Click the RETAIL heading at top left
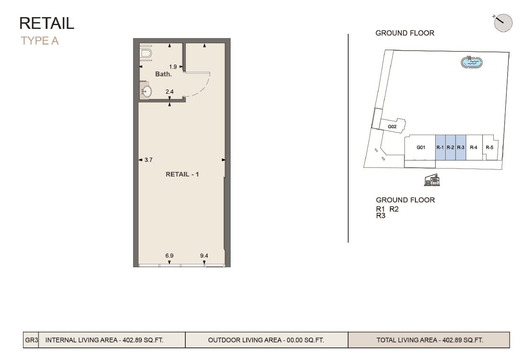point(47,23)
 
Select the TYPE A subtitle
point(40,41)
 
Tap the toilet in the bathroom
point(146,53)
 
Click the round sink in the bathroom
point(146,92)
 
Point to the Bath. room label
point(163,74)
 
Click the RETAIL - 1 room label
point(182,174)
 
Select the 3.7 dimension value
point(148,160)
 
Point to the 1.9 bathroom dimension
point(173,66)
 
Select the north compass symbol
point(503,23)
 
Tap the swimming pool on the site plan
point(472,63)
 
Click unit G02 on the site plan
point(392,126)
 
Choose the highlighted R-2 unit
point(450,148)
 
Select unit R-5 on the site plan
point(489,148)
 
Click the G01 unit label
point(421,148)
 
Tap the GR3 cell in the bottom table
point(31,340)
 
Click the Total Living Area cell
point(429,340)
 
